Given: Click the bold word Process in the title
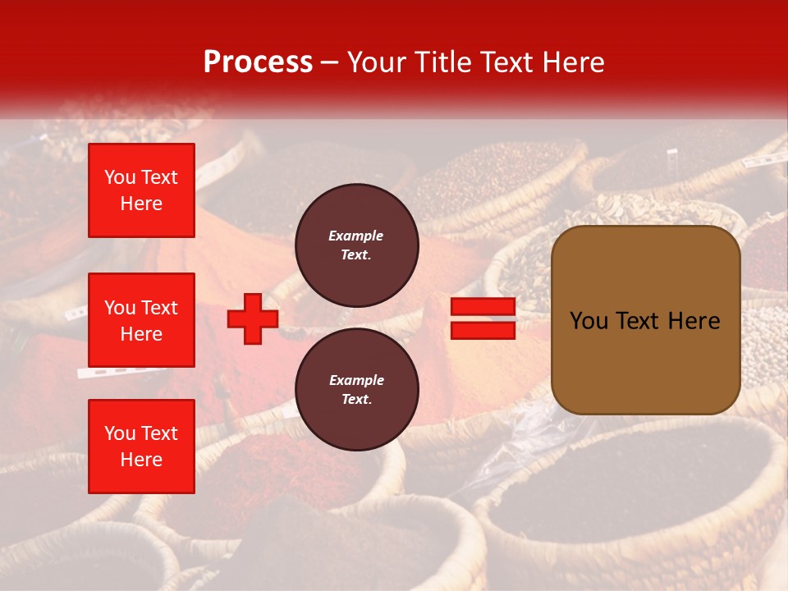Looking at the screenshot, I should coord(258,62).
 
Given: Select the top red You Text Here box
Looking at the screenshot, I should coord(141,190).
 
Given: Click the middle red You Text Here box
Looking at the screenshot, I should coord(141,320).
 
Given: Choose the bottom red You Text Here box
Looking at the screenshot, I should coord(141,447).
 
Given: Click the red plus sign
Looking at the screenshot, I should coord(252,319).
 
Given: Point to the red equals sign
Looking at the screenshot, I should coord(483,318).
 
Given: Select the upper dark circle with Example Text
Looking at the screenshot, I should coord(357,245).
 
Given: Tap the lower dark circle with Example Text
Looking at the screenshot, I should coord(357,389).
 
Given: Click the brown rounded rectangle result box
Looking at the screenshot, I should coord(645,319).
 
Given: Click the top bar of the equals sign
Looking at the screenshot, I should coord(483,307).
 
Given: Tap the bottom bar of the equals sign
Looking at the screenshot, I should coord(483,330).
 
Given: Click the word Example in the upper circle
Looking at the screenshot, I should coord(356,236).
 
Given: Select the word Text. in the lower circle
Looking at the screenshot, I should coord(356,399).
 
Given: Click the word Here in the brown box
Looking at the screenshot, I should coord(694,321).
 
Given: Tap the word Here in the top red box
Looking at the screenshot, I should coord(141,204).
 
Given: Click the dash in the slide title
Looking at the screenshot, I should coord(330,62).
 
